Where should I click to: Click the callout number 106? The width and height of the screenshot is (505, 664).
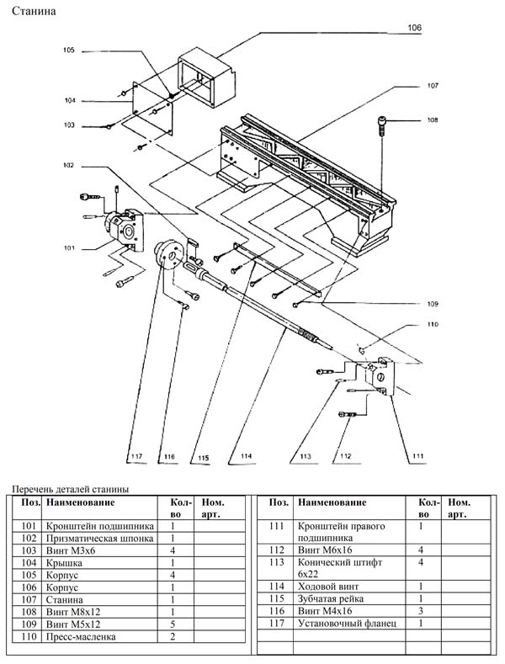click(415, 28)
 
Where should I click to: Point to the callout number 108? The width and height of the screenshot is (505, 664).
click(433, 120)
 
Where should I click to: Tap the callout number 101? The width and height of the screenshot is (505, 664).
click(68, 248)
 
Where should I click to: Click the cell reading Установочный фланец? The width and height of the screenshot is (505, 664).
click(345, 623)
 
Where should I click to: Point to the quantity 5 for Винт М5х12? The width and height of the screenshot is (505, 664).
click(173, 624)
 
